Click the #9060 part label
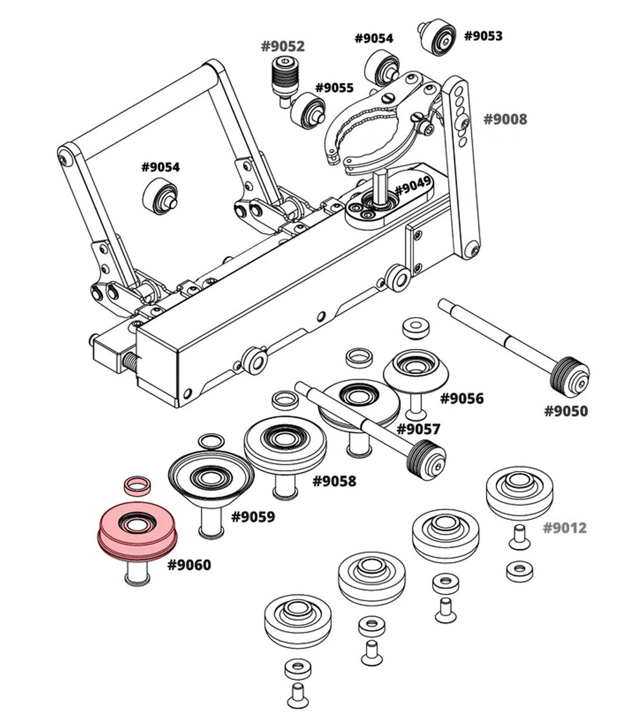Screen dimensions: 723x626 tap(189, 565)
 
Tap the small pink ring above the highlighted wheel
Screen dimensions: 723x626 tap(136, 485)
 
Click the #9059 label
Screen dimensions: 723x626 tap(253, 517)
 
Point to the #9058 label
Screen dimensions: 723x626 tap(334, 481)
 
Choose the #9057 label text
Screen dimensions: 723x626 tap(418, 429)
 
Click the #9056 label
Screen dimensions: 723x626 tap(462, 398)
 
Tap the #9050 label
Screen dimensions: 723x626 tap(566, 411)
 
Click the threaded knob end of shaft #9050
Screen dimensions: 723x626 tap(570, 377)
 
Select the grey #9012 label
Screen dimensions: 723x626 tap(565, 528)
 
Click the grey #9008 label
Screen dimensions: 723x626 tap(505, 119)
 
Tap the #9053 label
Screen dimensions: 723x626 tap(483, 36)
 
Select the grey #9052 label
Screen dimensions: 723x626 tap(283, 47)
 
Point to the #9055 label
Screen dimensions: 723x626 tap(334, 88)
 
